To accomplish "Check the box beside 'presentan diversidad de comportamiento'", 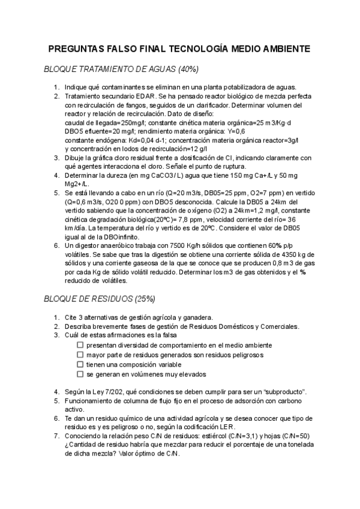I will point(80,345).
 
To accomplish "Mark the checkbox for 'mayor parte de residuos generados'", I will point(80,355).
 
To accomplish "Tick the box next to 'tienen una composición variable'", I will point(80,364).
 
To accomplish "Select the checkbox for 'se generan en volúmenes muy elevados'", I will point(80,374).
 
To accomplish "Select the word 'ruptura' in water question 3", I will point(232,166).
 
